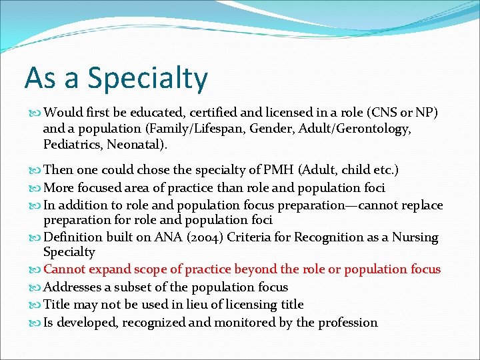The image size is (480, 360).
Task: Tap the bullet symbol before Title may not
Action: point(37,305)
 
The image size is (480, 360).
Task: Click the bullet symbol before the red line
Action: point(37,269)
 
